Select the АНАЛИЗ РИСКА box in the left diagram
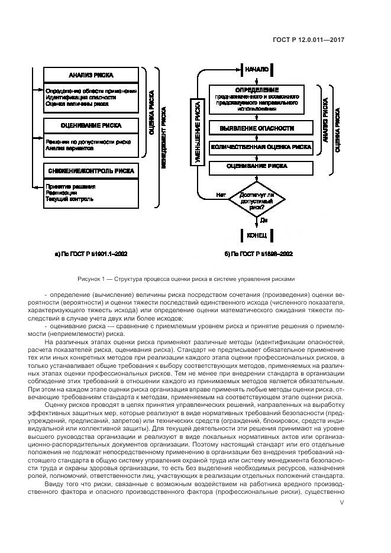(x=91, y=76)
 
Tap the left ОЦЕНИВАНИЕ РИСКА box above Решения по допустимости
(x=91, y=125)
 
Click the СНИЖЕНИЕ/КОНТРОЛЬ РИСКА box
(x=91, y=171)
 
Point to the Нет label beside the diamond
(x=221, y=195)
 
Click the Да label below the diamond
(x=264, y=221)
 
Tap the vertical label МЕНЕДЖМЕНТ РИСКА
(x=163, y=137)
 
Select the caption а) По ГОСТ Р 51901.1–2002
(x=90, y=254)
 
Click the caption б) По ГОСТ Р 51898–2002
(x=258, y=254)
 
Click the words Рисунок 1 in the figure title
(x=92, y=279)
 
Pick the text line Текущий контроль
(x=69, y=199)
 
